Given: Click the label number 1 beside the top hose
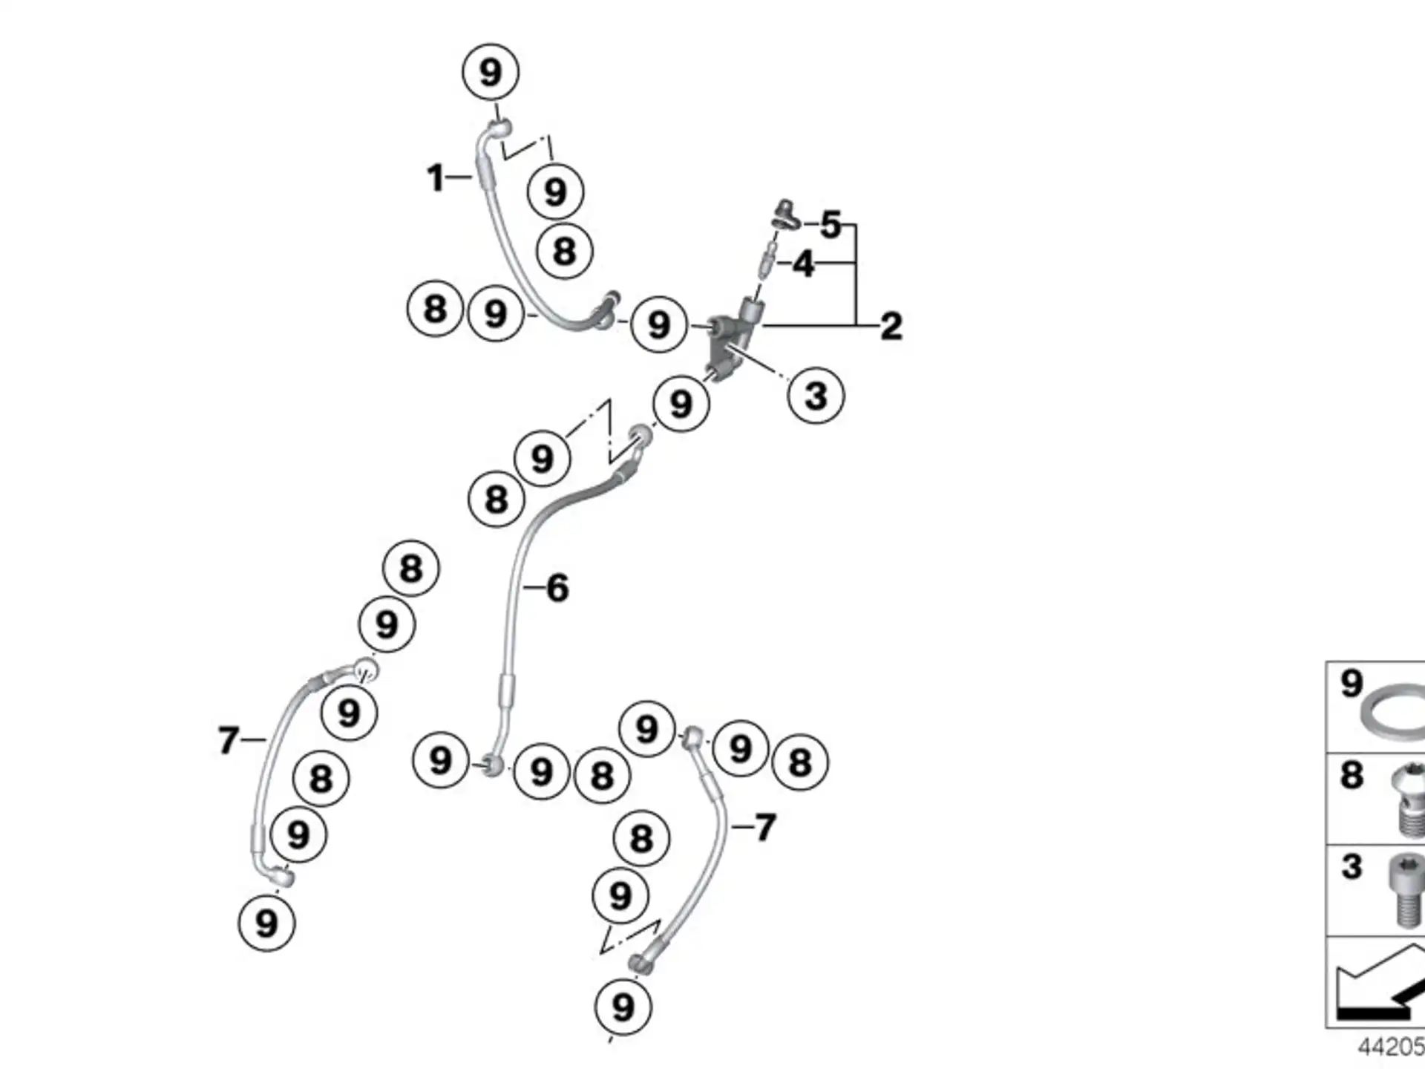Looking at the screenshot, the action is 435,178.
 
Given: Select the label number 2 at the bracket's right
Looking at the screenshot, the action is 891,326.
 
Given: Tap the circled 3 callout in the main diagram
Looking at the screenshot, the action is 816,395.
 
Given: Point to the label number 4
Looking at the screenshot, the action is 803,264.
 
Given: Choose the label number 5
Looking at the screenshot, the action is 831,224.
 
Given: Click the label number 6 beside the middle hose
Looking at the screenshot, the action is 557,588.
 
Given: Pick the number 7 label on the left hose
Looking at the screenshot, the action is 228,740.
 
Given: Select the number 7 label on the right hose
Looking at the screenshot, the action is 765,827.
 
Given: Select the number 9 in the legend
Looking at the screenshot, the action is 1352,684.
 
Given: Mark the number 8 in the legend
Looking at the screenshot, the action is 1352,775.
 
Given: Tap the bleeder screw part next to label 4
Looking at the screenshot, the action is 769,255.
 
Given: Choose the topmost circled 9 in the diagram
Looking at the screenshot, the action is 490,72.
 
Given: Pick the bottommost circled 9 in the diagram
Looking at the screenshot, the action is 623,1007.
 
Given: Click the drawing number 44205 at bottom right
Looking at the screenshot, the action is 1391,1047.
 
